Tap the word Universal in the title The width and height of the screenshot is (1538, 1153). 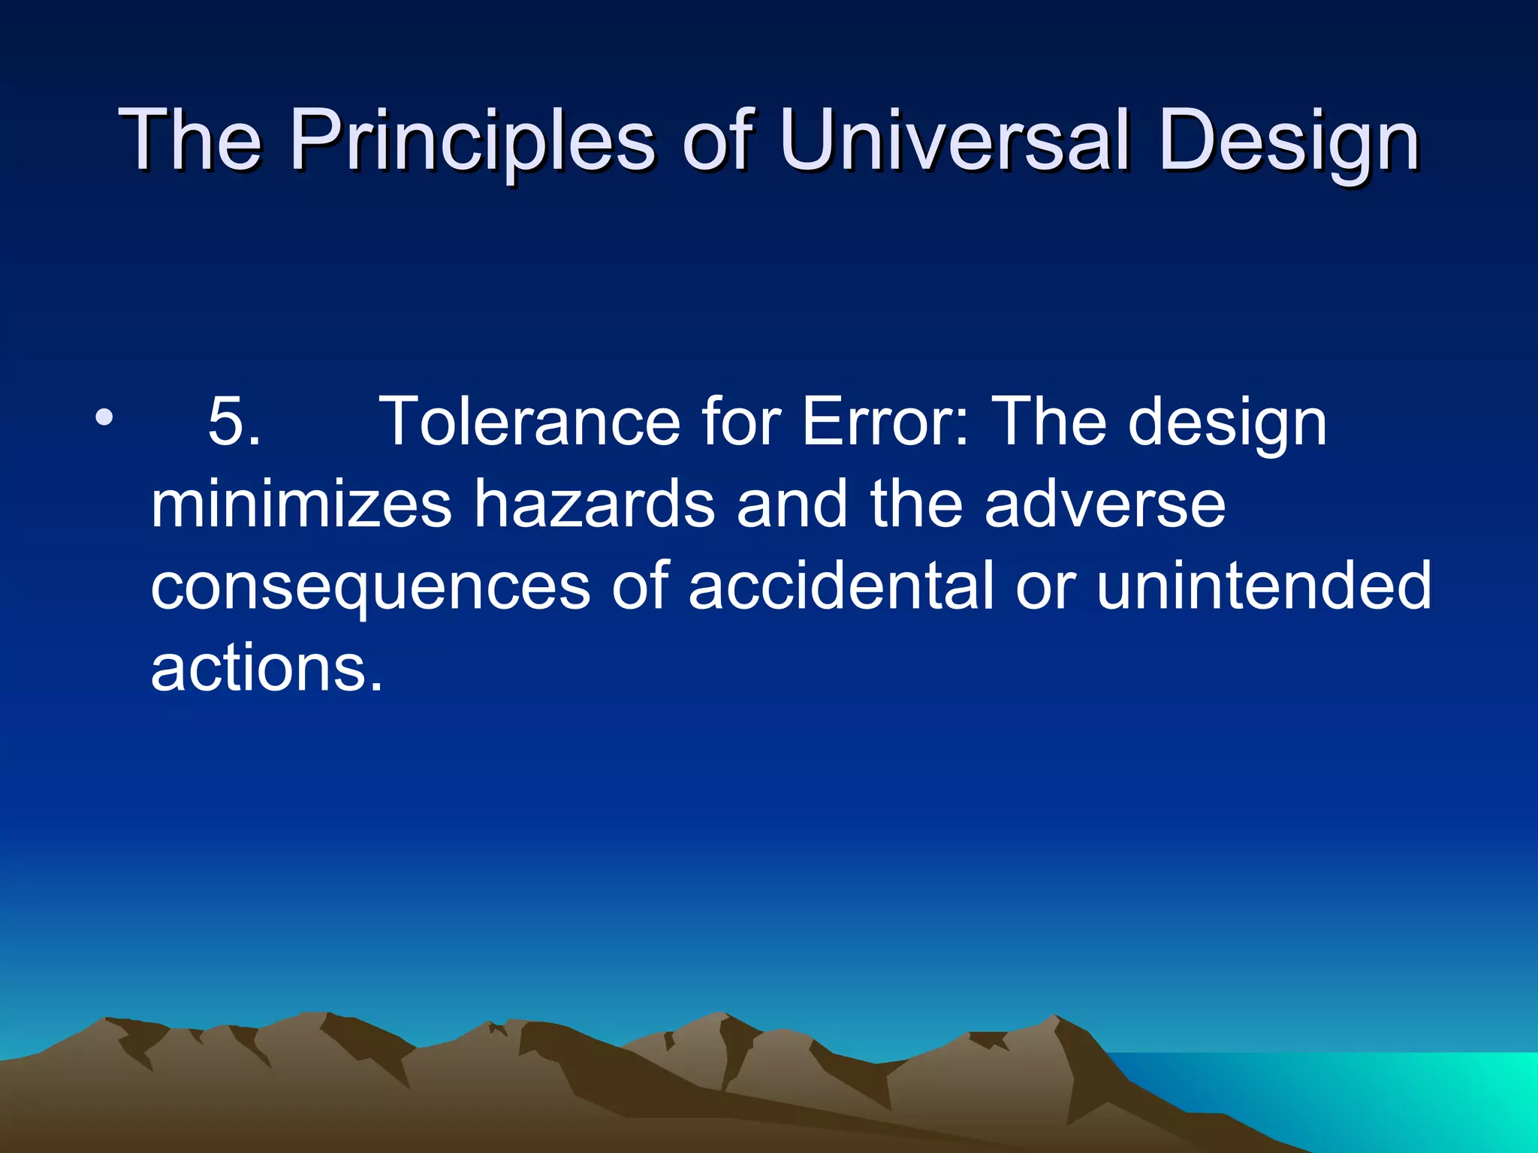coord(954,141)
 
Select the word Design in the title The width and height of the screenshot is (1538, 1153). coord(1287,141)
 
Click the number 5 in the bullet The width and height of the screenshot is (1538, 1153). coord(225,423)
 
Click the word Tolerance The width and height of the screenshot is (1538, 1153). coord(529,423)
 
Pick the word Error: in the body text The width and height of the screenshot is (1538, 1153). coord(886,423)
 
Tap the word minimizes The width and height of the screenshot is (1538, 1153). coord(300,504)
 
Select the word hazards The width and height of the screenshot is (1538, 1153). coord(593,504)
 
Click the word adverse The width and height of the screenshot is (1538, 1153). coord(1104,504)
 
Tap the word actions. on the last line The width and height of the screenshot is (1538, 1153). coord(267,668)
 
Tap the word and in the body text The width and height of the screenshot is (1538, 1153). coord(792,504)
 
